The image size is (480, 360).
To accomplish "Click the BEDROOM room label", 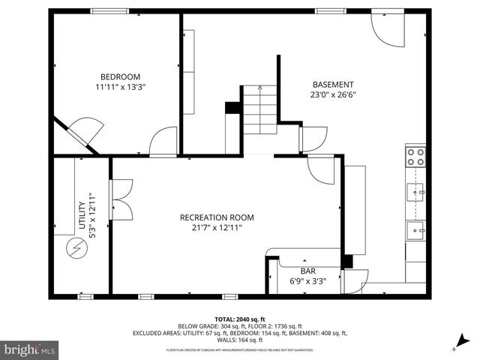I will (121, 76).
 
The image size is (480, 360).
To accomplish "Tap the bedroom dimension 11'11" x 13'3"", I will (121, 87).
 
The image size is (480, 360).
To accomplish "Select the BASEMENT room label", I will (332, 85).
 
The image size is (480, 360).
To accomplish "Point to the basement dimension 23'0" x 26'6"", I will (332, 95).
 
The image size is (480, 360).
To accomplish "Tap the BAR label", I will (308, 271).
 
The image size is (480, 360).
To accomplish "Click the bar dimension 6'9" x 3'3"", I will (308, 281).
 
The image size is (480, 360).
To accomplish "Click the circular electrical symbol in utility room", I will (76, 247).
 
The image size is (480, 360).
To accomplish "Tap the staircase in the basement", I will (260, 109).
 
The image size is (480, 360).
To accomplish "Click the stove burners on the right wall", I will (415, 157).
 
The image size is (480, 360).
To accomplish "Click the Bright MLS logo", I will (30, 349).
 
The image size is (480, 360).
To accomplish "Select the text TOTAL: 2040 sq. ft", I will (240, 319).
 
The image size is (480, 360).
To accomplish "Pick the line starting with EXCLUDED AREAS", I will (240, 333).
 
